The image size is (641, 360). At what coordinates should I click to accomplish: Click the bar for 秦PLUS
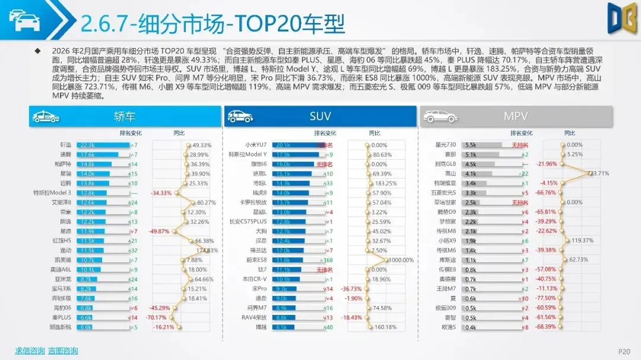(85, 317)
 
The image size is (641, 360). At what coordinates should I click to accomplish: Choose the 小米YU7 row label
(256, 145)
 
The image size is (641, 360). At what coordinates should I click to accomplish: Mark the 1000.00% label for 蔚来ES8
(402, 260)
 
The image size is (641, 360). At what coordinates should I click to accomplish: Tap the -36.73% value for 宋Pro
(352, 288)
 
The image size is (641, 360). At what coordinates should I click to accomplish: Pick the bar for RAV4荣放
(288, 317)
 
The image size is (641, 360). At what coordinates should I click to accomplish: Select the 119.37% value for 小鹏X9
(582, 241)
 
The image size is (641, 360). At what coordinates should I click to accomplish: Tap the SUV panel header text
(320, 116)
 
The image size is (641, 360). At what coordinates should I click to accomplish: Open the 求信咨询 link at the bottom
(30, 350)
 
